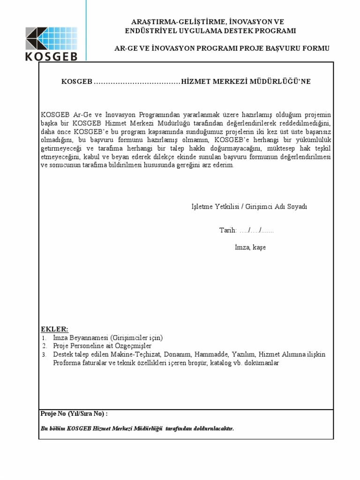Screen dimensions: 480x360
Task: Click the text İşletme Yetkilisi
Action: (215, 207)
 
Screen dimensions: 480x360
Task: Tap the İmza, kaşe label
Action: (250, 247)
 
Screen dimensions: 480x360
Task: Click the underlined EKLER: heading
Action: (54, 329)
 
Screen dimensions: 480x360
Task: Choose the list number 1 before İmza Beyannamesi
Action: (43, 337)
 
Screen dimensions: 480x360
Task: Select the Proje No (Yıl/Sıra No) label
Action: (74, 414)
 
